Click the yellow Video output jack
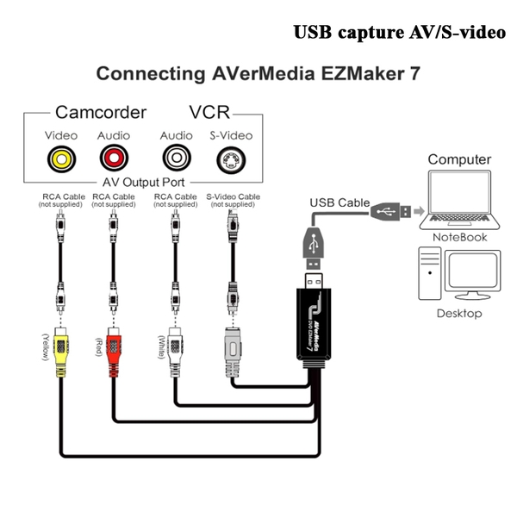[x=62, y=159]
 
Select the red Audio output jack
[x=114, y=159]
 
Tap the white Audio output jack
[x=177, y=158]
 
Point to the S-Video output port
[x=231, y=160]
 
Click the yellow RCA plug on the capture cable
[x=61, y=352]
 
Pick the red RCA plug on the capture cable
[x=114, y=352]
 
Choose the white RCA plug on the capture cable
[x=175, y=352]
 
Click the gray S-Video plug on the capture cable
[x=233, y=352]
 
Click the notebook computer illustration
[x=459, y=200]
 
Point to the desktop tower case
[x=430, y=273]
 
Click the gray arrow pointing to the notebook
[x=419, y=211]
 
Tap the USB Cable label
[x=339, y=202]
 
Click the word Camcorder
[x=101, y=112]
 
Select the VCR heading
[x=209, y=112]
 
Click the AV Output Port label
[x=143, y=183]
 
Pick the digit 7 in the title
[x=415, y=73]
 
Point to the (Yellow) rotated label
[x=46, y=347]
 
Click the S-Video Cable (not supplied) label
[x=234, y=201]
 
